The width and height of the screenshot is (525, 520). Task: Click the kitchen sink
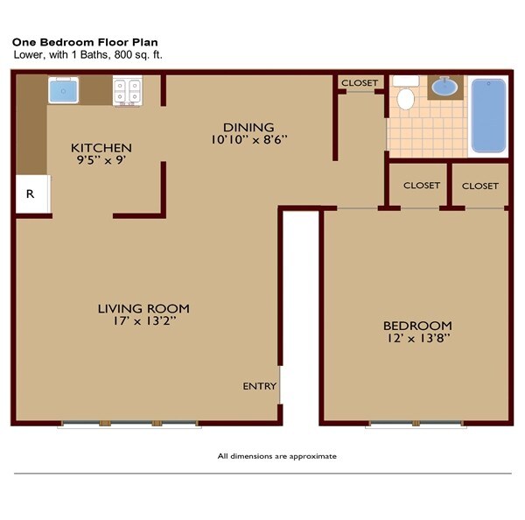pos(63,91)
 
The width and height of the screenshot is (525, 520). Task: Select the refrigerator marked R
pos(31,193)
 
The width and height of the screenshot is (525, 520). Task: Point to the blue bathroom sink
pos(445,88)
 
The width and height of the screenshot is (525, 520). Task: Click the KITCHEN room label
pos(101,148)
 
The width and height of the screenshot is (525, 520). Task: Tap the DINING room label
pos(248,127)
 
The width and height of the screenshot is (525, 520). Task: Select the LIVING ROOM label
pos(143,308)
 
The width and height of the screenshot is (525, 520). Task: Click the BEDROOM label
pos(417,325)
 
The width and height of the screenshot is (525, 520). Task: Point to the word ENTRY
pos(260,386)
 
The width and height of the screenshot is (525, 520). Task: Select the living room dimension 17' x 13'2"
pos(143,321)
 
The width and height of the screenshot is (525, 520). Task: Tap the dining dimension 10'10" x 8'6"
pos(248,139)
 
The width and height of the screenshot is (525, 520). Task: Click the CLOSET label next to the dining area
pos(360,83)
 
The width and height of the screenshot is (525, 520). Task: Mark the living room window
pos(129,425)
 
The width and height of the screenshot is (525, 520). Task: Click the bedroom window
pos(416,425)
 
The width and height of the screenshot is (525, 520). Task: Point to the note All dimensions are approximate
pos(276,456)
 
